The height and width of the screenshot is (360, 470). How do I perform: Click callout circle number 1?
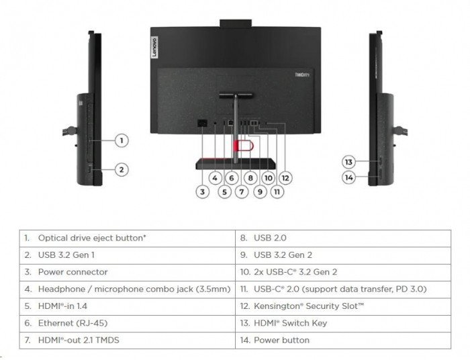tap(122, 140)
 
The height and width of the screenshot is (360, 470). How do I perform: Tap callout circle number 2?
tap(122, 170)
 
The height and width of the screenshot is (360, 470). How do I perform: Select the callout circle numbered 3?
tap(202, 191)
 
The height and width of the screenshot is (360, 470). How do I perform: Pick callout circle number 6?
tap(232, 178)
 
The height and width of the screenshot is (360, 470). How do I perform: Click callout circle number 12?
tap(285, 178)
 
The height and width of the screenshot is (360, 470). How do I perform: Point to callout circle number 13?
tap(348, 162)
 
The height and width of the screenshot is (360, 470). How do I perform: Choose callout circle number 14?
tap(348, 177)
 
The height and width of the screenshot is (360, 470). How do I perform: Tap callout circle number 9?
tap(260, 191)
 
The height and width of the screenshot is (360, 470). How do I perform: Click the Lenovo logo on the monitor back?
tap(154, 48)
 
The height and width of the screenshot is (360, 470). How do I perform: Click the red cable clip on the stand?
tap(243, 146)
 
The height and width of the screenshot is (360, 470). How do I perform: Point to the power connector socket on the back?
tap(203, 123)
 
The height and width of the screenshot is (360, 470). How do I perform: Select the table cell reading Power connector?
tap(73, 272)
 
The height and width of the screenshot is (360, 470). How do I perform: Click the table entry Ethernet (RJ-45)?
tap(73, 323)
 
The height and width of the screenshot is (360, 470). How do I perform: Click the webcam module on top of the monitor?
tap(236, 24)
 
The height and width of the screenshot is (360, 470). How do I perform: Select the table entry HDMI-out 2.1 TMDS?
tap(79, 341)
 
